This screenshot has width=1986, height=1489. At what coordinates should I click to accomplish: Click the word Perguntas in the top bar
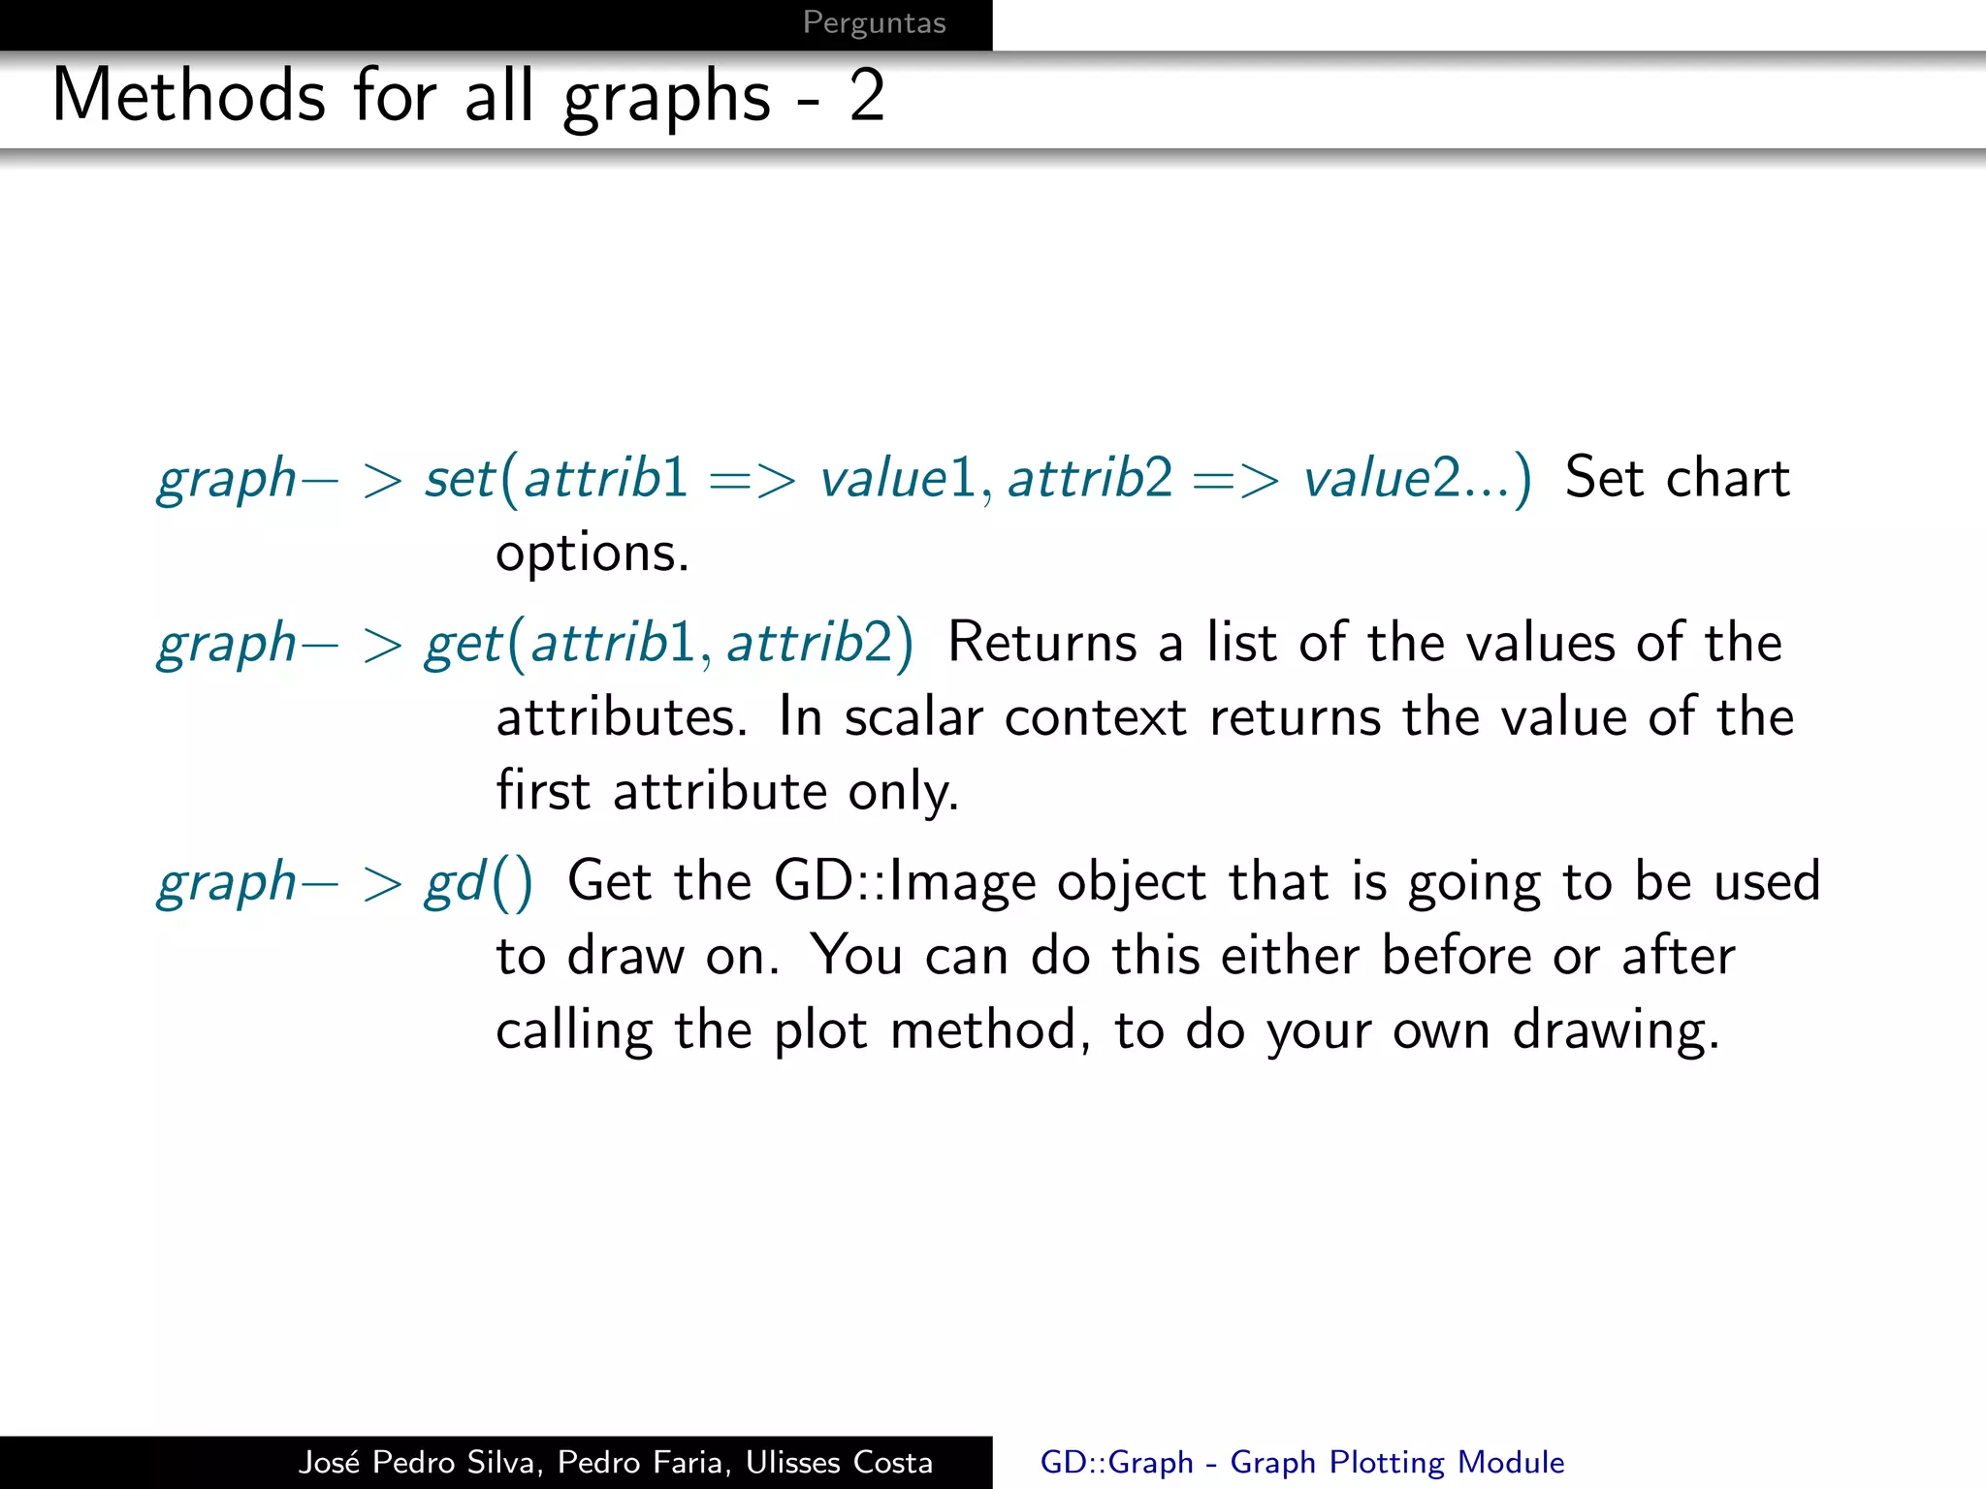point(874,22)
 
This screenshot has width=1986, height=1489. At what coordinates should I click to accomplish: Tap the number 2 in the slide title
point(866,96)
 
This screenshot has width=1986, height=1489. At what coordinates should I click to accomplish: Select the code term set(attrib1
point(557,478)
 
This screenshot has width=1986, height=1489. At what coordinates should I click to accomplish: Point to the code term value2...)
point(1417,478)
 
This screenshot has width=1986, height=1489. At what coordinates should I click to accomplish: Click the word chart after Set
point(1727,478)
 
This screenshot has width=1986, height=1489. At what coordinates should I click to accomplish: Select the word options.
point(592,554)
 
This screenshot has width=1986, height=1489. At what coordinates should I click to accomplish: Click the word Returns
point(1041,643)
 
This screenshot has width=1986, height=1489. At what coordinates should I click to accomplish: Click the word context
point(1095,717)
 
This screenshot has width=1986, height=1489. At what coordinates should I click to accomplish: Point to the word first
point(542,791)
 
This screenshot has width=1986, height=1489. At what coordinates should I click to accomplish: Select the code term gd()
point(479,882)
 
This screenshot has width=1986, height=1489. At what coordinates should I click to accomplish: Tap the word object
point(1131,884)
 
